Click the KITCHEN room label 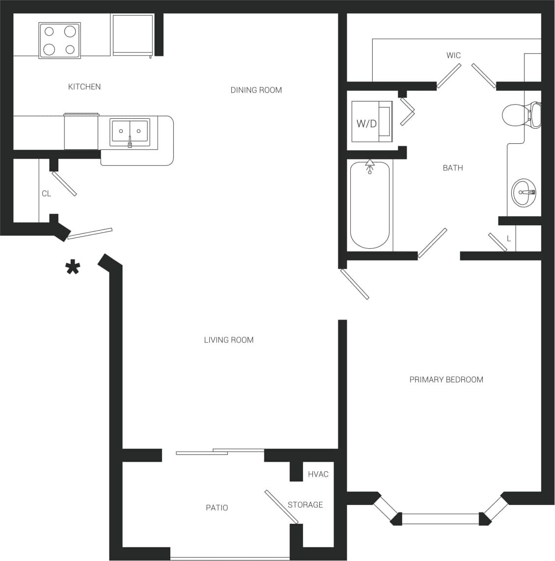pyautogui.click(x=84, y=87)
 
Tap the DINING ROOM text pyautogui.click(x=256, y=90)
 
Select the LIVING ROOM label pyautogui.click(x=228, y=340)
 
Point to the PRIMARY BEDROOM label pyautogui.click(x=446, y=379)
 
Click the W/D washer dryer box pyautogui.click(x=372, y=122)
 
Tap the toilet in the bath pyautogui.click(x=521, y=115)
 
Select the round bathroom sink pyautogui.click(x=524, y=192)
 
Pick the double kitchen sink pyautogui.click(x=130, y=132)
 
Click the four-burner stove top pyautogui.click(x=59, y=40)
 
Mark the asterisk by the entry pyautogui.click(x=73, y=268)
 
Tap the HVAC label pyautogui.click(x=318, y=474)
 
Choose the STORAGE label pyautogui.click(x=305, y=505)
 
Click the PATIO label pyautogui.click(x=217, y=508)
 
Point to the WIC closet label pyautogui.click(x=453, y=55)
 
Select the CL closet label pyautogui.click(x=46, y=194)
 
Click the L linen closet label pyautogui.click(x=509, y=239)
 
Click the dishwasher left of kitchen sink pyautogui.click(x=81, y=132)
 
